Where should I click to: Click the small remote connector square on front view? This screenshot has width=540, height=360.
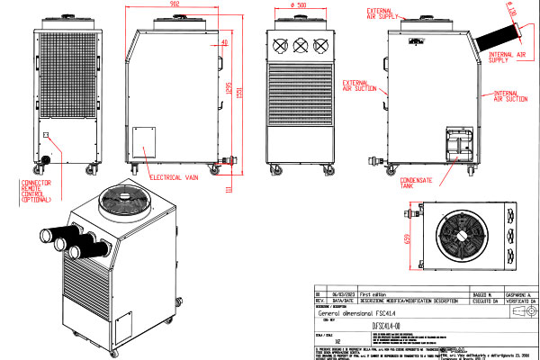pos(45,136)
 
